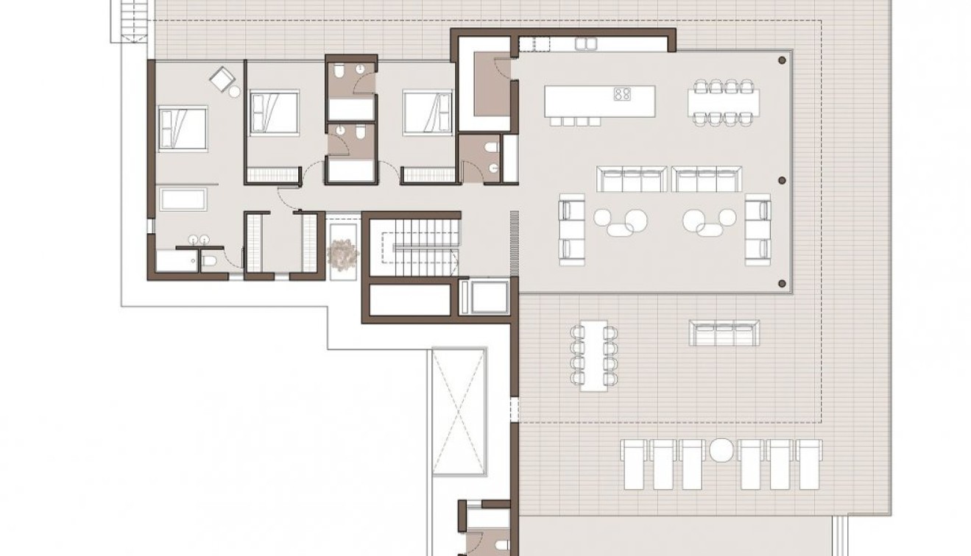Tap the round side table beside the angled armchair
tap(235, 92)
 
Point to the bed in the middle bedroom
tap(274, 113)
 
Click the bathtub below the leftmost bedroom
tap(183, 199)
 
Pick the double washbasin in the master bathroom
tap(199, 240)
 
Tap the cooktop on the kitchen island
tap(622, 93)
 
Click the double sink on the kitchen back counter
tap(586, 44)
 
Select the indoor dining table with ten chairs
tap(724, 101)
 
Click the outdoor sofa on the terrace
tap(724, 332)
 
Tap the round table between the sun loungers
tap(721, 450)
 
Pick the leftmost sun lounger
tap(634, 464)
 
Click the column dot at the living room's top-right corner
tap(782, 60)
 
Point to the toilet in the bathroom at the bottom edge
tap(501, 545)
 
